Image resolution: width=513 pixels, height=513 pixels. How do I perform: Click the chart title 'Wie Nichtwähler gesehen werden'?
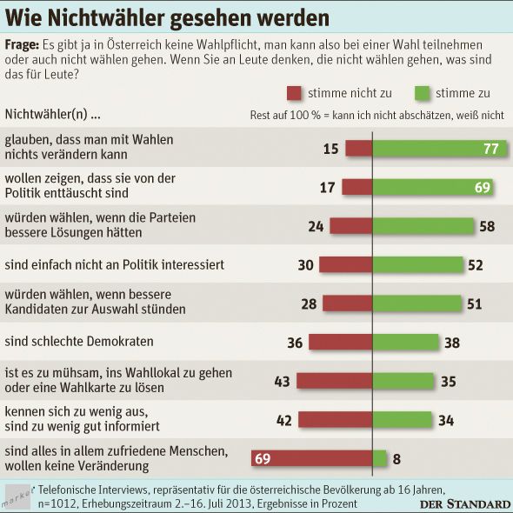point(168,17)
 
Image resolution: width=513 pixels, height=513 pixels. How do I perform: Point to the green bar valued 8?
point(380,458)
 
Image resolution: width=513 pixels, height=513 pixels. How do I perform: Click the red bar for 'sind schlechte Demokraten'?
point(340,342)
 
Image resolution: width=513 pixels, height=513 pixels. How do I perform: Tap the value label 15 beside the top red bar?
point(330,149)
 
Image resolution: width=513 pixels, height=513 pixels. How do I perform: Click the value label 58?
point(490,226)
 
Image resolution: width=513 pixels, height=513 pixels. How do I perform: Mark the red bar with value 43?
point(335,381)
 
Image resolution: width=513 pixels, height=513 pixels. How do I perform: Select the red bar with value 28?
point(347,303)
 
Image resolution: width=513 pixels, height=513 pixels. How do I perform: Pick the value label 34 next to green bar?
point(446,420)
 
